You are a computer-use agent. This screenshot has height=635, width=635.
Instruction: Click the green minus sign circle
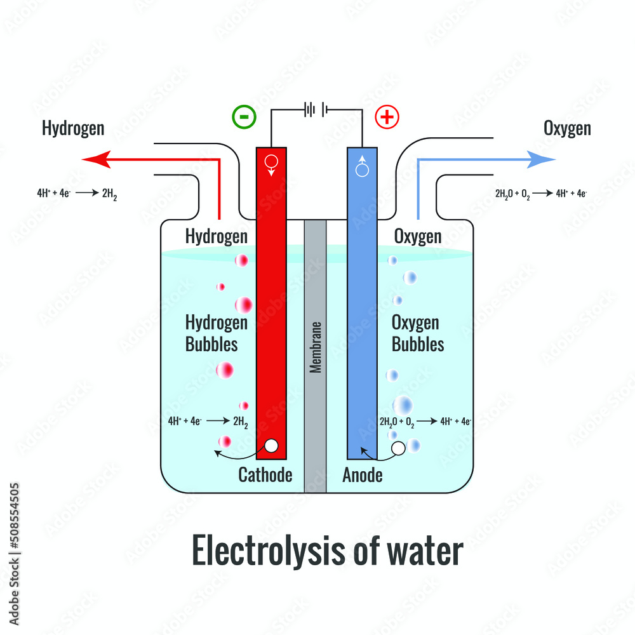click(244, 117)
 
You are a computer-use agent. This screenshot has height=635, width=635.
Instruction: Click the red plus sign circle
click(387, 117)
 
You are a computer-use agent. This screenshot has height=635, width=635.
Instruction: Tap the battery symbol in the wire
click(316, 109)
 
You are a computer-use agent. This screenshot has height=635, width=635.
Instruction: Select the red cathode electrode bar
click(271, 304)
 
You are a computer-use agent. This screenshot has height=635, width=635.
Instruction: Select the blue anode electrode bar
click(362, 304)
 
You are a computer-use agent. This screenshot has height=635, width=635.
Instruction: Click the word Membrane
click(315, 347)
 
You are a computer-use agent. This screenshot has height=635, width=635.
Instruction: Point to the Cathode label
click(265, 475)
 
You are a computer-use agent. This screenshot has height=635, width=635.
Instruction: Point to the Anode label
click(363, 475)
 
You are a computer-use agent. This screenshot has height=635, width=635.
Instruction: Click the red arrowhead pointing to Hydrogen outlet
click(97, 159)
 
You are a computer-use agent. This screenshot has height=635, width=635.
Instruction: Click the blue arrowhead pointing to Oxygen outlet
click(541, 159)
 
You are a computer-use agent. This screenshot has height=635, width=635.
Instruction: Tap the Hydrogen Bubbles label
click(217, 333)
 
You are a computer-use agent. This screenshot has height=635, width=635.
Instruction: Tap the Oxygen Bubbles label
click(418, 333)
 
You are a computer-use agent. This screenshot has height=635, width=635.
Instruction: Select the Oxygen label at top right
click(567, 128)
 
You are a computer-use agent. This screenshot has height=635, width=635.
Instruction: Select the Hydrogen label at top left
click(73, 128)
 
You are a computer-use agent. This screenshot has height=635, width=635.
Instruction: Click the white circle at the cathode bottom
click(271, 446)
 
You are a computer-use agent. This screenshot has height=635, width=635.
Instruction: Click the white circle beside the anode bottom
click(398, 448)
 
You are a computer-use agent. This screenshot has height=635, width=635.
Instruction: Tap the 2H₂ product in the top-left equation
click(109, 194)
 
